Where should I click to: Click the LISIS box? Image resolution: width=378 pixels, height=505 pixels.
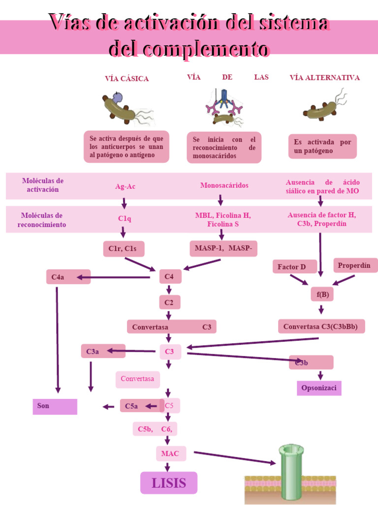click(169, 483)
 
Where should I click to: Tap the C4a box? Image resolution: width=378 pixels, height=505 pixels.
click(68, 277)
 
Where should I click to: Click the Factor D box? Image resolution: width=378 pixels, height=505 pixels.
click(294, 267)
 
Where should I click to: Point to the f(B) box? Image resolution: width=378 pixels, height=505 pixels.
click(322, 295)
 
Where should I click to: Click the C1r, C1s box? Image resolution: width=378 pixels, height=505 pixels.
click(124, 249)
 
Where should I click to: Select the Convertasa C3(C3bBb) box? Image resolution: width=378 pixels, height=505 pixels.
click(321, 326)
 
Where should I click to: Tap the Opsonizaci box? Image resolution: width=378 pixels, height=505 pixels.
click(319, 388)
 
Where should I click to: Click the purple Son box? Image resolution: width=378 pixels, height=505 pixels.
click(55, 406)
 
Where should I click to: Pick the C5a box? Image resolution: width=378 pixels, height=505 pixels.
click(141, 406)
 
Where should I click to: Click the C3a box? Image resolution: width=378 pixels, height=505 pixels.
click(103, 351)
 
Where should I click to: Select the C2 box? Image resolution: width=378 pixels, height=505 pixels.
click(169, 302)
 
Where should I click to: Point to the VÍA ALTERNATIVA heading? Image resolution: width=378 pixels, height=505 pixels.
click(325, 77)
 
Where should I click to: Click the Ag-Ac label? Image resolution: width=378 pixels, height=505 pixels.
click(125, 186)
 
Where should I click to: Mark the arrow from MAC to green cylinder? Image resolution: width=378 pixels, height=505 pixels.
click(234, 457)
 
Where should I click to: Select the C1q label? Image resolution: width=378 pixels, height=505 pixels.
click(124, 218)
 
